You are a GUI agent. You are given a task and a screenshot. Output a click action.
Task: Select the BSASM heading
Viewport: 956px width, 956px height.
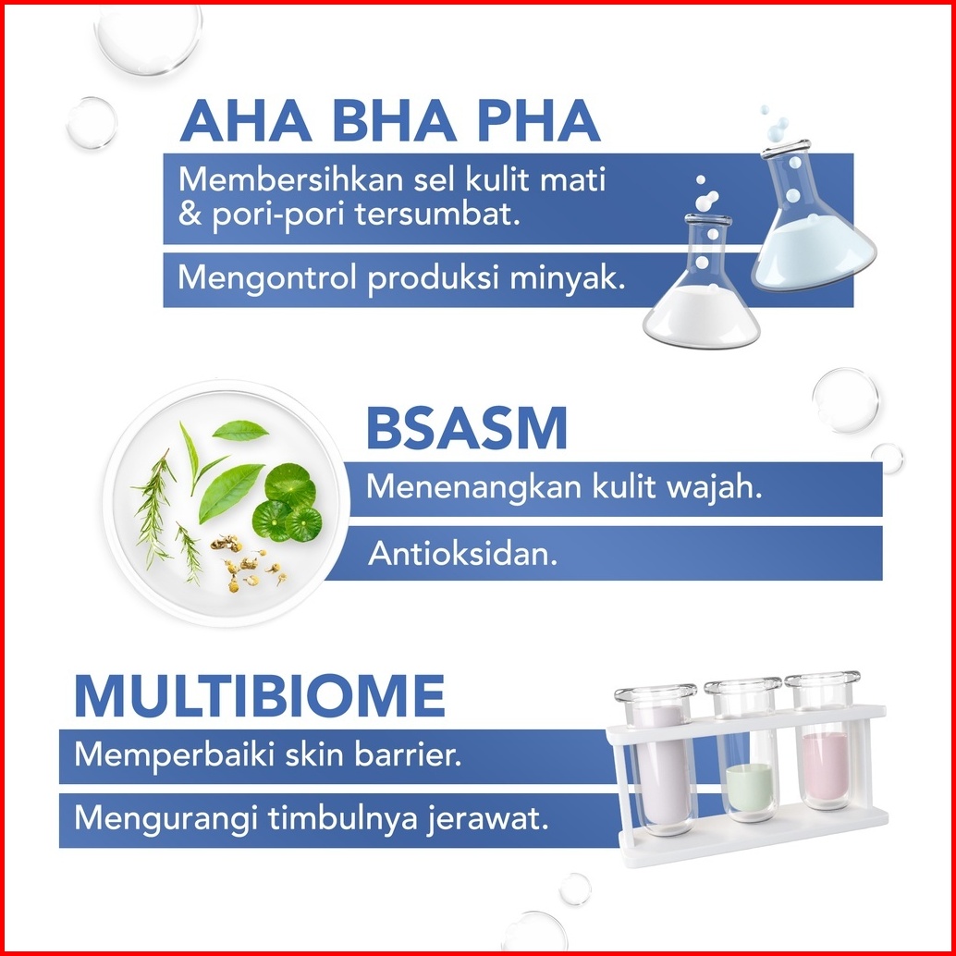click(x=466, y=429)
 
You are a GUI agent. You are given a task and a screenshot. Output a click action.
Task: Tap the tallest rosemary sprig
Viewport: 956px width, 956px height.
click(x=153, y=509)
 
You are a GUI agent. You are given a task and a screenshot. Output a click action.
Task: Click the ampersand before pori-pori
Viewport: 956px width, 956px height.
click(x=190, y=215)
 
